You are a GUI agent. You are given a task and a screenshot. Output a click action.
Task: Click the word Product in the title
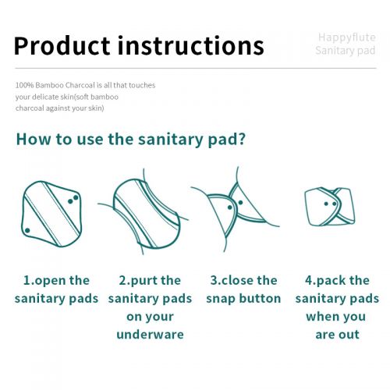[62, 46]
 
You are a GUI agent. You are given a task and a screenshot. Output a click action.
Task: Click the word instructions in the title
[191, 45]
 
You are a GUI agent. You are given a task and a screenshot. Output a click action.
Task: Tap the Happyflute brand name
[347, 37]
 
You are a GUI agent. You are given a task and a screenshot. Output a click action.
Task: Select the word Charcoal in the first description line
[80, 85]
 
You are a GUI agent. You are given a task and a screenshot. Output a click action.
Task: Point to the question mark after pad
[242, 139]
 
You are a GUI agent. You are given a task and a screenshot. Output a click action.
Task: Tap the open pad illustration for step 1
[51, 214]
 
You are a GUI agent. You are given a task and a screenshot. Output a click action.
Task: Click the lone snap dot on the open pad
[27, 230]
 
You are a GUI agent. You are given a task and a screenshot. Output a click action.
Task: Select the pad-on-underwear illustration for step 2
[143, 212]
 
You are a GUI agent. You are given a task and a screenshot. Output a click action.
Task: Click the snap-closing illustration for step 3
[236, 209]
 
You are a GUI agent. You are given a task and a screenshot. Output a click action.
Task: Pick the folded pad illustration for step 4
[330, 207]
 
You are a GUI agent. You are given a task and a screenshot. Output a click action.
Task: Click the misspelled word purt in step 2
[142, 281]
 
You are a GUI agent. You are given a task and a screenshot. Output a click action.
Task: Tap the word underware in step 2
[150, 335]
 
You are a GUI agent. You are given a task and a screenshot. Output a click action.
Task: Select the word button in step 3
[260, 299]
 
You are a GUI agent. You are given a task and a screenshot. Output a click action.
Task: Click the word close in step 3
[237, 281]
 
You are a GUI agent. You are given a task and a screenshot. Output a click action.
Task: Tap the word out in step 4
[349, 335]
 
